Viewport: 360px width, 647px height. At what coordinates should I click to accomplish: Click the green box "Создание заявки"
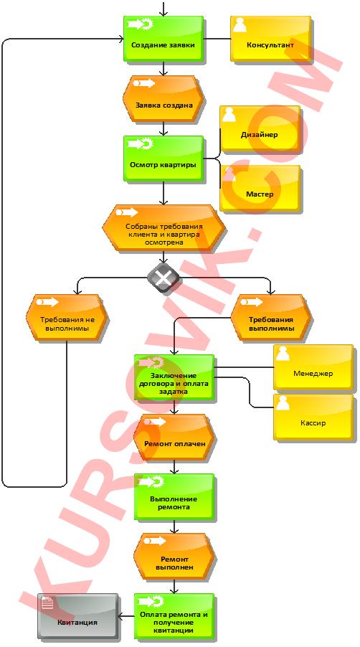click(x=164, y=39)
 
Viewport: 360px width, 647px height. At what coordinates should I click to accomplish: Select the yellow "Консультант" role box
click(x=270, y=39)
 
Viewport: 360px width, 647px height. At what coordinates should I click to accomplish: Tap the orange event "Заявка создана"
click(x=164, y=98)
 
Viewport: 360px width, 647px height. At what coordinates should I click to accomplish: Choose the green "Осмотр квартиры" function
click(x=164, y=159)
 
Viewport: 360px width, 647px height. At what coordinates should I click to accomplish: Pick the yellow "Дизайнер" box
click(x=260, y=129)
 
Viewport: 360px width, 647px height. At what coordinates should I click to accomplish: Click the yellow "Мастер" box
click(x=260, y=188)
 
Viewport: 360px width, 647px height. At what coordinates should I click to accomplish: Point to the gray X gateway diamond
click(x=164, y=278)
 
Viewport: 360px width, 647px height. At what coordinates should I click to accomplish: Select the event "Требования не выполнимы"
click(x=67, y=317)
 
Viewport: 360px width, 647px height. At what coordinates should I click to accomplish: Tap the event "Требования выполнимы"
click(x=271, y=317)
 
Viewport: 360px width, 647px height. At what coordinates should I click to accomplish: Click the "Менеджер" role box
click(x=313, y=368)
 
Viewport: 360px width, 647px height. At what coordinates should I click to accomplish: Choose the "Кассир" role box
click(x=313, y=417)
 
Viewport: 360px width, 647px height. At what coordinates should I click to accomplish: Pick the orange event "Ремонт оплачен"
click(x=174, y=438)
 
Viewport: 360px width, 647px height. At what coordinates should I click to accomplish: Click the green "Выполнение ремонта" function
click(x=174, y=497)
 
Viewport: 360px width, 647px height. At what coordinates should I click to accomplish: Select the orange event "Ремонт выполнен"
click(x=174, y=557)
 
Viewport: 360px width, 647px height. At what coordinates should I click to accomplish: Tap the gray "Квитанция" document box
click(x=77, y=616)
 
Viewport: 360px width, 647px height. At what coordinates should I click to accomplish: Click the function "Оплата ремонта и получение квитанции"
click(x=174, y=616)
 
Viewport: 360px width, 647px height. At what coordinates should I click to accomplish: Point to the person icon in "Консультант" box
click(x=240, y=25)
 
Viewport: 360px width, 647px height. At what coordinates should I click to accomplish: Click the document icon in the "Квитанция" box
click(x=47, y=603)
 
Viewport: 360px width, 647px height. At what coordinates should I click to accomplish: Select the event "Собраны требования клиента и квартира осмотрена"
click(x=164, y=228)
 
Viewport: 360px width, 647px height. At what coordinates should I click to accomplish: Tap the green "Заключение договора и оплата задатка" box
click(x=174, y=377)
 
